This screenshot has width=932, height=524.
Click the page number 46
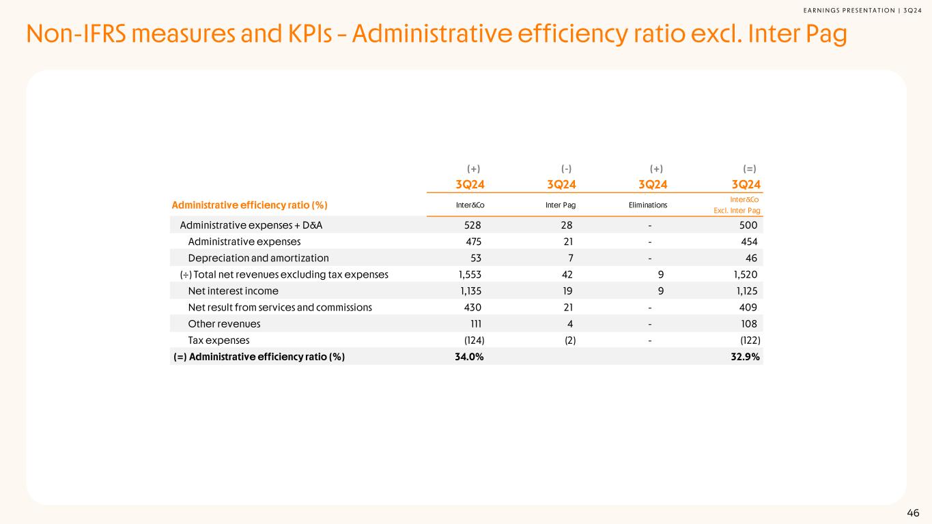pyautogui.click(x=913, y=513)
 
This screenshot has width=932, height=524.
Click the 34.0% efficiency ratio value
pyautogui.click(x=469, y=356)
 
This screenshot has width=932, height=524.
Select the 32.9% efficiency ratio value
pyautogui.click(x=746, y=356)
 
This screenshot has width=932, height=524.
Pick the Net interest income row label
pyautogui.click(x=233, y=291)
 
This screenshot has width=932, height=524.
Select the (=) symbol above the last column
pyautogui.click(x=749, y=169)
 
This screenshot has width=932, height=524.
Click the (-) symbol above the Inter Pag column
pyautogui.click(x=566, y=169)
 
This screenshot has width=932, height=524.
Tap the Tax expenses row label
pyautogui.click(x=218, y=340)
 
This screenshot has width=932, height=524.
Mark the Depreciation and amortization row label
pyautogui.click(x=258, y=258)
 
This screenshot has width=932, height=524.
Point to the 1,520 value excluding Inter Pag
pyautogui.click(x=743, y=274)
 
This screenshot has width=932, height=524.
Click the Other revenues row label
pyautogui.click(x=224, y=323)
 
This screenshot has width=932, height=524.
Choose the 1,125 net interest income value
pyautogui.click(x=743, y=291)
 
